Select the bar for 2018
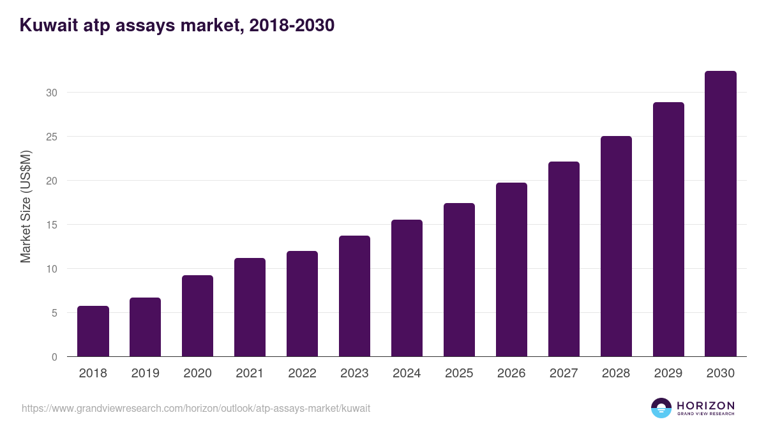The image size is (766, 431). (x=93, y=331)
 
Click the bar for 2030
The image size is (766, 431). (x=721, y=214)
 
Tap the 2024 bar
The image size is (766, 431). (x=407, y=288)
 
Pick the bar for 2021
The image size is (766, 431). (x=250, y=307)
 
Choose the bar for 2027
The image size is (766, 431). (x=564, y=259)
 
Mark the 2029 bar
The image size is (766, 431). (x=668, y=229)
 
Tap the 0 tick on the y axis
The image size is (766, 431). (x=54, y=357)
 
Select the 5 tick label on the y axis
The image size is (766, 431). (x=54, y=313)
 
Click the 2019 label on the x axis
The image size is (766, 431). (x=146, y=374)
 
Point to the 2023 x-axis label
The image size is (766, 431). (x=354, y=374)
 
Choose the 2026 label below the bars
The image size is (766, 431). (x=511, y=374)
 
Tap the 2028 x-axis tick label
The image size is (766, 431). (x=616, y=374)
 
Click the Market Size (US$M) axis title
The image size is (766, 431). (x=26, y=206)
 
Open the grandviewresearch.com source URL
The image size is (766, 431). (x=196, y=408)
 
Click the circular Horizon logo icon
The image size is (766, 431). (x=661, y=408)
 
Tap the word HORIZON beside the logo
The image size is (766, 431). (x=705, y=405)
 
